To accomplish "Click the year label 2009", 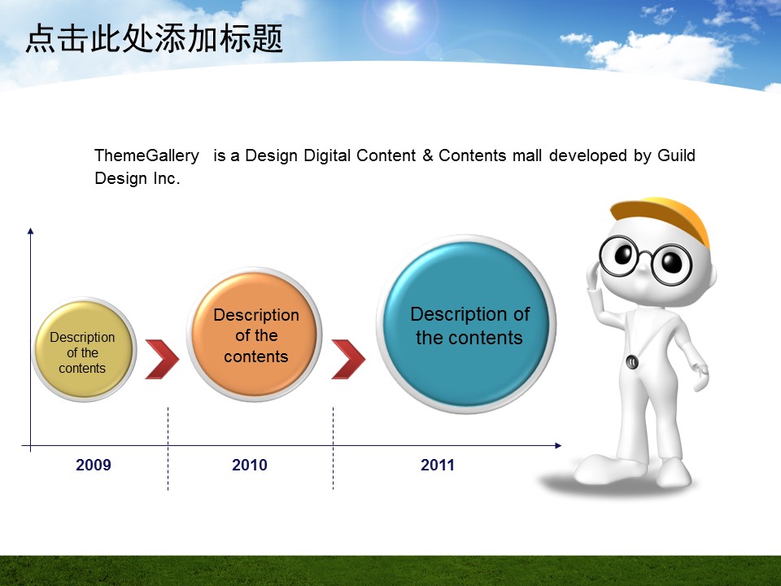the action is (x=93, y=465).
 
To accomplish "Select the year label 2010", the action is (x=250, y=465).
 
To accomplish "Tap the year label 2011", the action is (x=438, y=465).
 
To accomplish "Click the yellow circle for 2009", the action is (x=84, y=349).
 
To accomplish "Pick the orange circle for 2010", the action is (x=255, y=335).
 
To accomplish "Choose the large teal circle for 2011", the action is (x=466, y=325).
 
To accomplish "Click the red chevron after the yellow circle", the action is (x=162, y=359).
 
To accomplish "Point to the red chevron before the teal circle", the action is (x=348, y=359).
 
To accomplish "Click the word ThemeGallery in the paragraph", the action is (x=146, y=155).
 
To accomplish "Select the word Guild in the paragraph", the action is (x=676, y=155).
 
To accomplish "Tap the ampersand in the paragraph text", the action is (x=427, y=155).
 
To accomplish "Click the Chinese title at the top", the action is (x=154, y=38).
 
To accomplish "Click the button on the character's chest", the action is (x=632, y=361).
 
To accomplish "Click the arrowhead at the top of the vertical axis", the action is (x=30, y=231).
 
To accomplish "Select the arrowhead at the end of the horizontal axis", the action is (x=558, y=445).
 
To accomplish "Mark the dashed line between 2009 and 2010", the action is (x=168, y=448).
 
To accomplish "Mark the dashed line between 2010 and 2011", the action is (x=333, y=448).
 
